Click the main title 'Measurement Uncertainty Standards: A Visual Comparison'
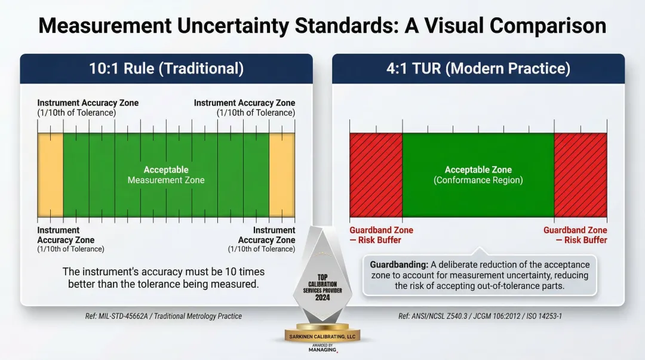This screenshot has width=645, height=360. click(x=322, y=25)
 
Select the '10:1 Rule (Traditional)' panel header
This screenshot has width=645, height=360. click(x=166, y=69)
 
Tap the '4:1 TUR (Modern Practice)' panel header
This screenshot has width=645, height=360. click(x=478, y=69)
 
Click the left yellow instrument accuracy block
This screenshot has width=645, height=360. click(x=50, y=174)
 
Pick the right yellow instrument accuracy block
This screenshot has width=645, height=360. click(x=282, y=174)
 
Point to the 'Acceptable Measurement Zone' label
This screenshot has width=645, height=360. click(x=166, y=175)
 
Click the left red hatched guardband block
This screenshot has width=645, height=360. click(x=376, y=175)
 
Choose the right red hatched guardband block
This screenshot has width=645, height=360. click(x=580, y=175)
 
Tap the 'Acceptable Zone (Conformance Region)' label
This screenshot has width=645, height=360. click(x=478, y=175)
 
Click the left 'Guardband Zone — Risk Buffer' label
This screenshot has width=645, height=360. click(x=381, y=235)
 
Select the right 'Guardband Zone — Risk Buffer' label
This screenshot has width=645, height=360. click(x=575, y=235)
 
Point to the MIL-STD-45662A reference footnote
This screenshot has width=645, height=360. click(x=164, y=316)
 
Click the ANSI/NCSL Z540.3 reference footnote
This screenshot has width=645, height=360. click(x=480, y=316)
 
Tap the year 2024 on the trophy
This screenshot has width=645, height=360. click(x=322, y=297)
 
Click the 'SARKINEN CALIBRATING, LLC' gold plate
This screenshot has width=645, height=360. click(x=322, y=337)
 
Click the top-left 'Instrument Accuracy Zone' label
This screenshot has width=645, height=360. click(x=88, y=103)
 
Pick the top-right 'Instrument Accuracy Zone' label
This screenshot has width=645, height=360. click(x=244, y=103)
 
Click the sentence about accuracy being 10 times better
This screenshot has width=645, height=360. click(x=164, y=278)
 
